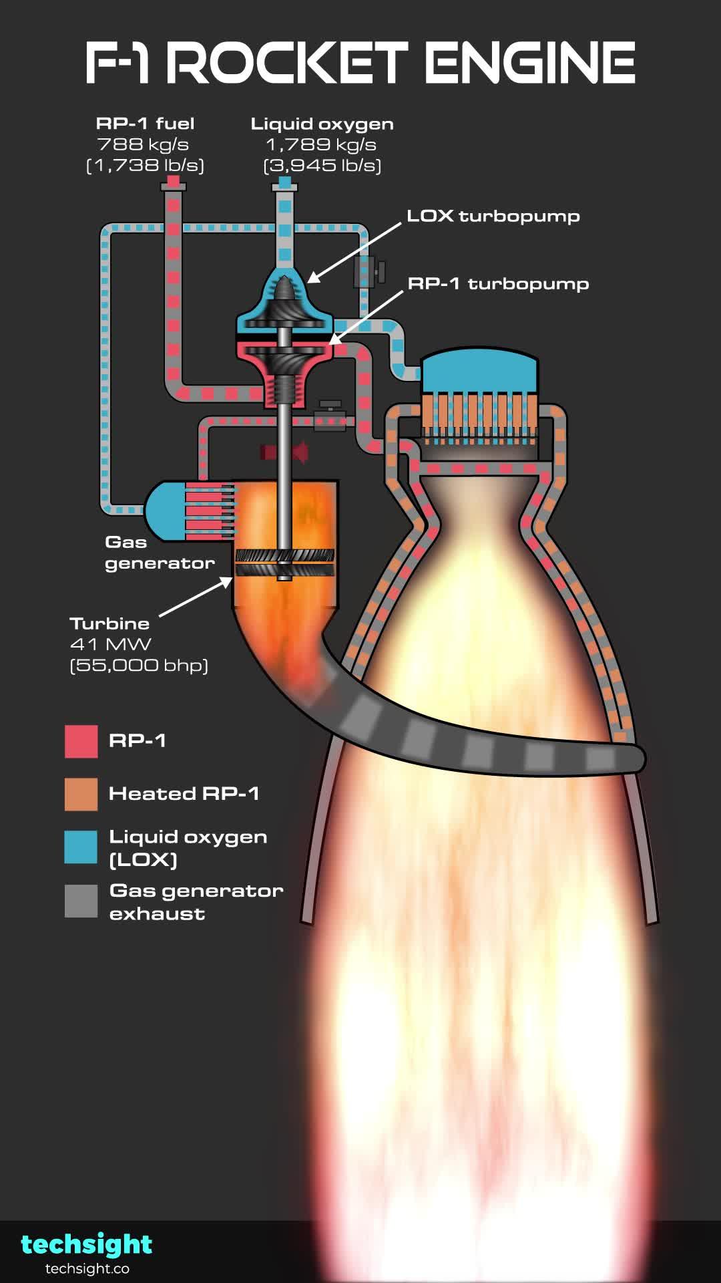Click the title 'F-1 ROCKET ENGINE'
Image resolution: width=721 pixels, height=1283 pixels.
pos(360,63)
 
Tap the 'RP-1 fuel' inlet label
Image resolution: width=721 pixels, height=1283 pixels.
pos(145,124)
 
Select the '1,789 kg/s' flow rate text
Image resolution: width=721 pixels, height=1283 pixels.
pos(321,144)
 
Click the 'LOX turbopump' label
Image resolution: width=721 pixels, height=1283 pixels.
pos(493,216)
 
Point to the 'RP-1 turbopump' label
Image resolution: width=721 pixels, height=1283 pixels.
pos(498,283)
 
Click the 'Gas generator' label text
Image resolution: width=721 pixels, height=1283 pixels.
pos(159,553)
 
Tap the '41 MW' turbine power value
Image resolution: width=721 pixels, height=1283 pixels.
pos(111,644)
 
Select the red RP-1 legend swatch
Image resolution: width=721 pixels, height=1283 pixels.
pos(81,741)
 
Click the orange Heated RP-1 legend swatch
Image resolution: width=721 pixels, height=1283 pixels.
pos(81,794)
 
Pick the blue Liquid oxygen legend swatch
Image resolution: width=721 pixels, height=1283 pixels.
pos(81,847)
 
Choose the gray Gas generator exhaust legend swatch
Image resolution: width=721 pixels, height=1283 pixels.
pos(81,901)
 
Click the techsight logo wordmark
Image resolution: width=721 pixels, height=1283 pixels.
pos(87,1244)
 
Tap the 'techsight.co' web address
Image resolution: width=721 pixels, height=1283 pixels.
pos(87,1269)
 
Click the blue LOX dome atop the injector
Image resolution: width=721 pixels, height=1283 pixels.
pos(479,371)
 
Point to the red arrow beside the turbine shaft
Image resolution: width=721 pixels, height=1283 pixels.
pos(286,452)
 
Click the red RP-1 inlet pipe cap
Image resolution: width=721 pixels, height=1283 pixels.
pos(173,181)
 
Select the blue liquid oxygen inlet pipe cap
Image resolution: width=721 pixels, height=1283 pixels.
pos(285,182)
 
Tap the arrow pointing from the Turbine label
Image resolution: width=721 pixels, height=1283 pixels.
pos(195,597)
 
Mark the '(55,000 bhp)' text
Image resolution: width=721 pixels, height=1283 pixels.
pos(139,666)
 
